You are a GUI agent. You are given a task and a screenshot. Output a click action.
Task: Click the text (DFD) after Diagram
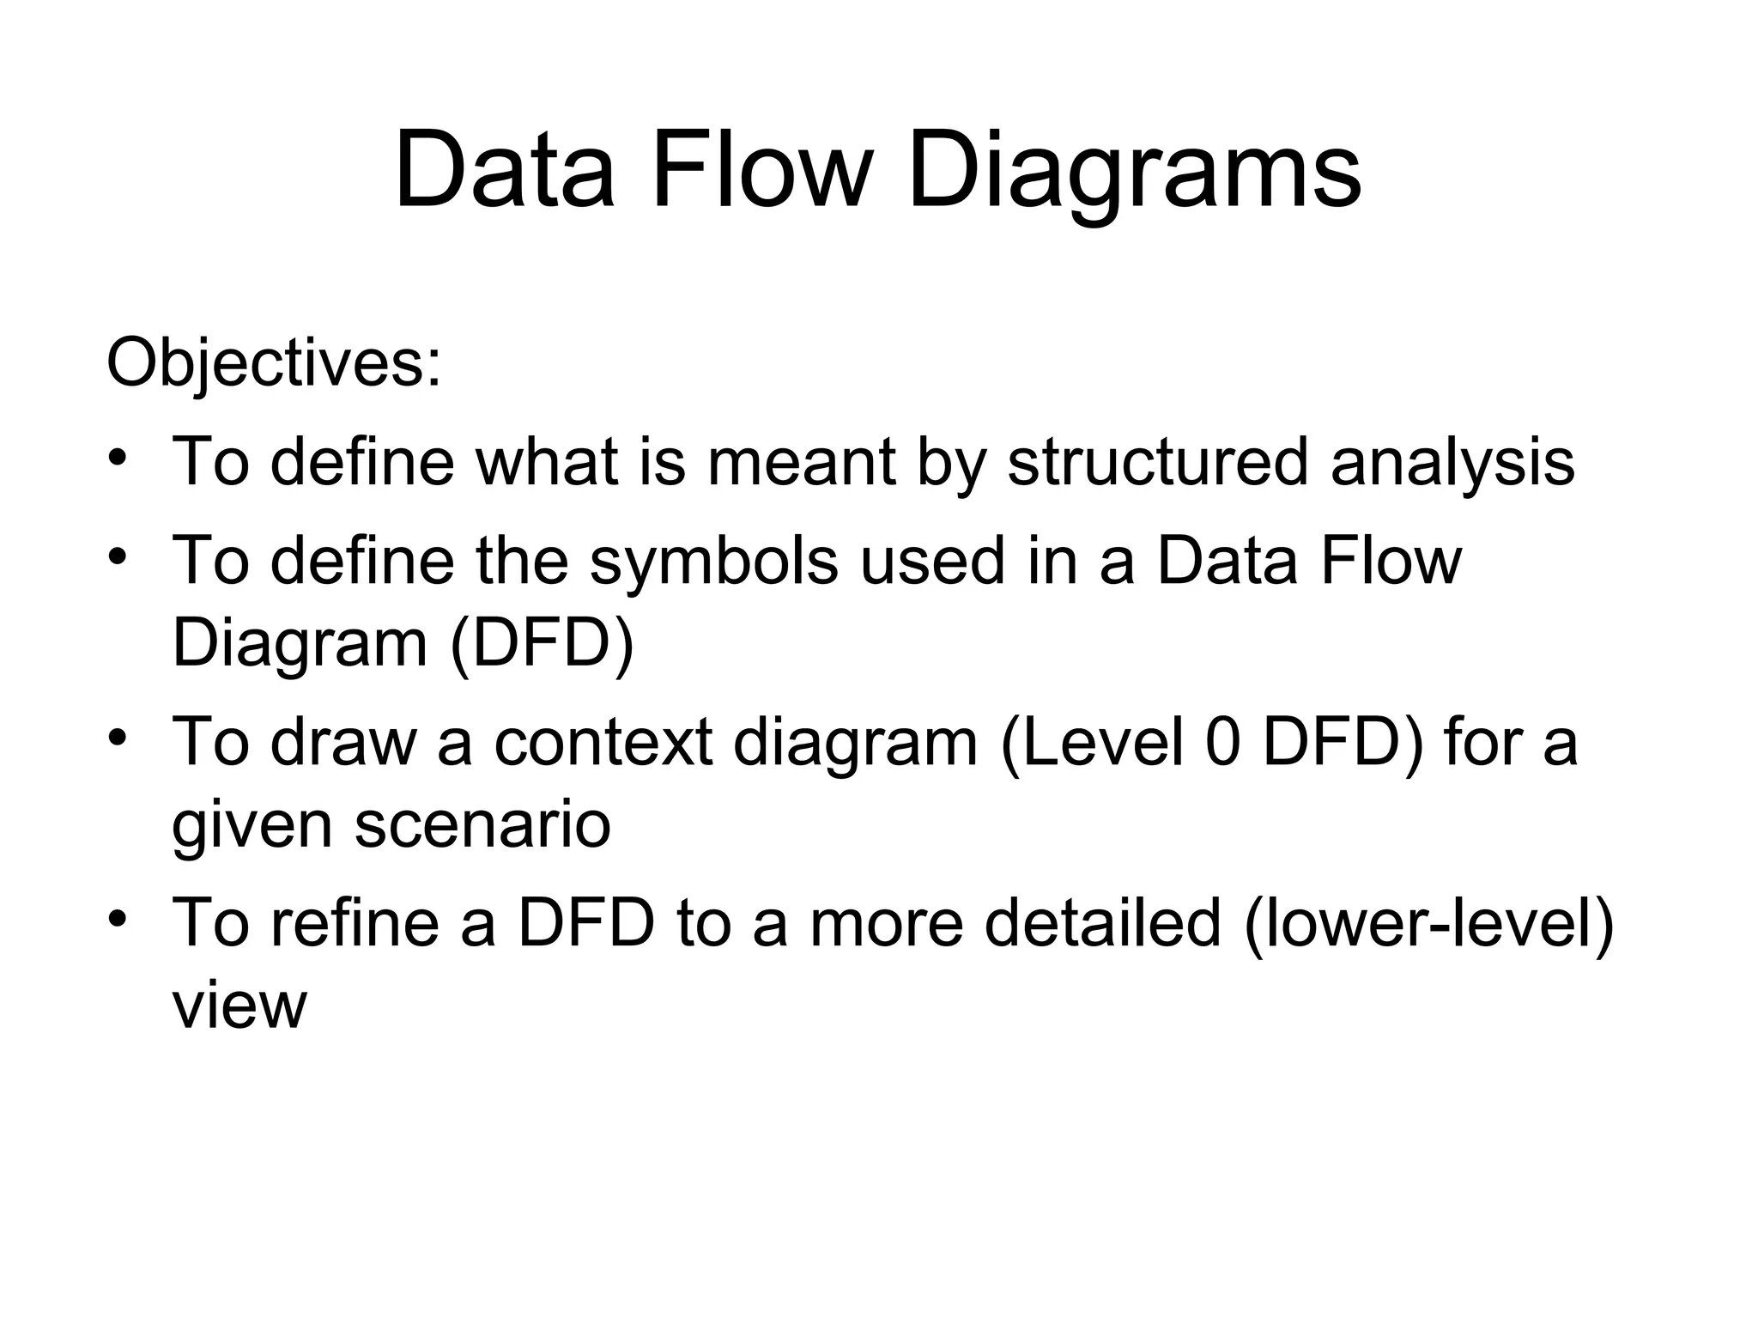[x=542, y=644]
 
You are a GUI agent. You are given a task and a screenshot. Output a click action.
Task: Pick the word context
[x=603, y=742]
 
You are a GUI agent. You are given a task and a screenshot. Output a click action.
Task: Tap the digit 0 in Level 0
[x=1223, y=742]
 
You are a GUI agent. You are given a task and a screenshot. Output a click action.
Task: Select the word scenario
[x=482, y=824]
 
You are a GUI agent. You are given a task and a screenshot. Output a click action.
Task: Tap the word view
[x=239, y=1006]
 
